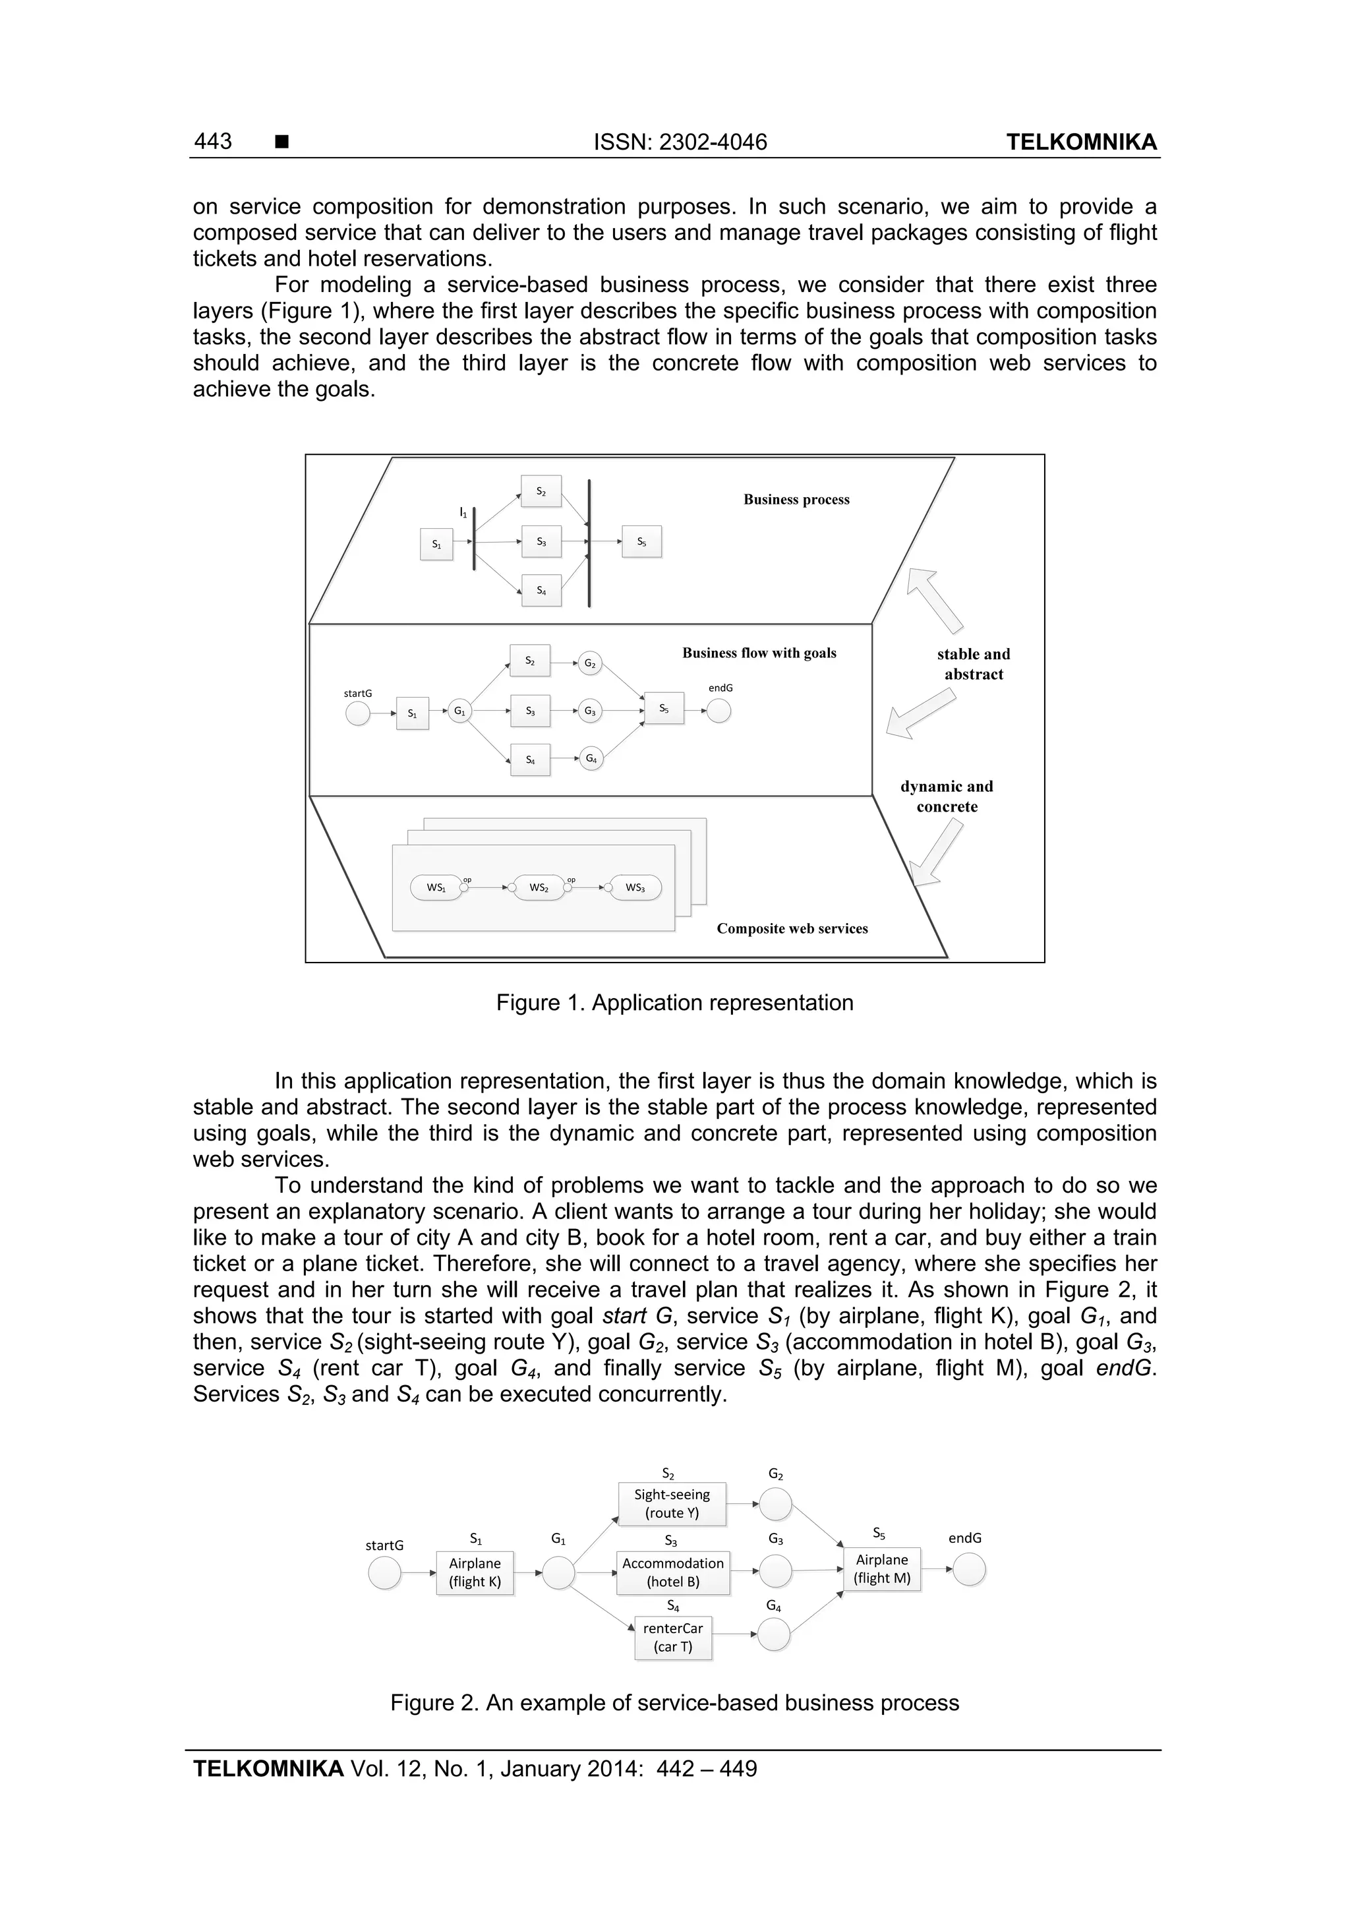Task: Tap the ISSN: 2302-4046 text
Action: point(680,142)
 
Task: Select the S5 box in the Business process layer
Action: point(641,541)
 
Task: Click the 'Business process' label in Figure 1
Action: point(796,499)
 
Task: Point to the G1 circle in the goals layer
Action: point(459,711)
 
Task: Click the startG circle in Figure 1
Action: point(358,713)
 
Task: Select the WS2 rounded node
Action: point(539,887)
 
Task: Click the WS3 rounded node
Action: point(635,887)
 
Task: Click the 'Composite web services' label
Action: point(792,928)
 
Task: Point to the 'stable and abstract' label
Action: point(973,664)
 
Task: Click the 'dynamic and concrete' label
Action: point(947,796)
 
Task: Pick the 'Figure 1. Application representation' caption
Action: point(674,1002)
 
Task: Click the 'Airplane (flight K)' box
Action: point(475,1572)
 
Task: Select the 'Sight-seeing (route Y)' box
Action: point(672,1503)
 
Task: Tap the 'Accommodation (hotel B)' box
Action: point(673,1572)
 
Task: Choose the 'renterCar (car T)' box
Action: point(673,1637)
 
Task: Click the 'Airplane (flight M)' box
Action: point(882,1569)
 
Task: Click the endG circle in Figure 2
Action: point(969,1570)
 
